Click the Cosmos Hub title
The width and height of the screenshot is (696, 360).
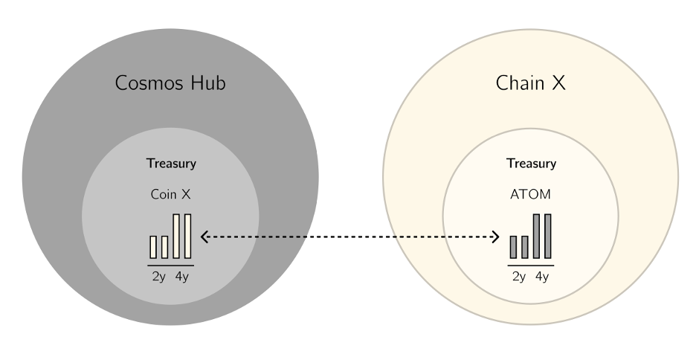click(x=170, y=83)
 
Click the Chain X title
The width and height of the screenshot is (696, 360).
click(x=530, y=83)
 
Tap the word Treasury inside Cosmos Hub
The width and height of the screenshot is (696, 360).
click(x=171, y=164)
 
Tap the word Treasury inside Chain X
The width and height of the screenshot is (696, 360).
click(x=531, y=164)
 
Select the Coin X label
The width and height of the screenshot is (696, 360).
click(x=171, y=194)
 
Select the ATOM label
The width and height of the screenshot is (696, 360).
click(x=531, y=194)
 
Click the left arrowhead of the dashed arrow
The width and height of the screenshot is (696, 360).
click(x=204, y=237)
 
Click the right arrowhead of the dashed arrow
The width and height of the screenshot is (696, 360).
click(x=496, y=237)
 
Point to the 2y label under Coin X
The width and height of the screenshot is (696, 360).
click(x=158, y=277)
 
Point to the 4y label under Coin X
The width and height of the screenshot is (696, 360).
click(x=181, y=277)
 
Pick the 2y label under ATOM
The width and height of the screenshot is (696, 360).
click(x=518, y=277)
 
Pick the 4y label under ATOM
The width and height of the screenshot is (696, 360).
click(x=541, y=277)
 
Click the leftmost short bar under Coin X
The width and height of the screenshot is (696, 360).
click(x=153, y=247)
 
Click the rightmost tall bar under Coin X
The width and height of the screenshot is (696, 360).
click(x=188, y=236)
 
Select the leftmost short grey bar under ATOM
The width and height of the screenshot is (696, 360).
click(x=513, y=247)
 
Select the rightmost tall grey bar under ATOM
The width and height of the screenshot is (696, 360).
click(x=548, y=236)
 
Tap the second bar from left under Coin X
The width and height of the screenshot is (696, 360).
click(x=165, y=247)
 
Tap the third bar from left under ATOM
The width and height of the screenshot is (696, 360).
click(x=536, y=236)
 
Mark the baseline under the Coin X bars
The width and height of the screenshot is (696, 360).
click(x=170, y=265)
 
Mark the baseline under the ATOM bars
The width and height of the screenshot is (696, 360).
click(x=530, y=265)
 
